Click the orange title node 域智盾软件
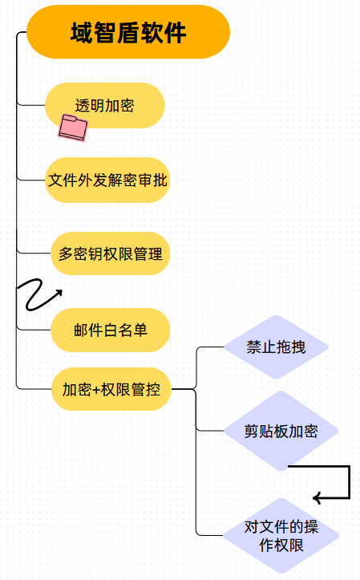pyautogui.click(x=128, y=32)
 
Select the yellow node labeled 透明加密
pyautogui.click(x=104, y=105)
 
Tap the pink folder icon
pyautogui.click(x=73, y=128)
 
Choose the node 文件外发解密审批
pyautogui.click(x=107, y=180)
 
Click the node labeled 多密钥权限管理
pyautogui.click(x=110, y=253)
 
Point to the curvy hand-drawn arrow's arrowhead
pyautogui.click(x=59, y=294)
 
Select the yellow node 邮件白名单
pyautogui.click(x=110, y=330)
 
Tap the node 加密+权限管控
pyautogui.click(x=111, y=389)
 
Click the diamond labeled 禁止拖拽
pyautogui.click(x=276, y=347)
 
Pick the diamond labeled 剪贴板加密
pyautogui.click(x=281, y=431)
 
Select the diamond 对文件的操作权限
pyautogui.click(x=281, y=536)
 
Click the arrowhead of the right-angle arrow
pyautogui.click(x=316, y=498)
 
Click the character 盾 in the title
pyautogui.click(x=128, y=33)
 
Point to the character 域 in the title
pyautogui.click(x=82, y=33)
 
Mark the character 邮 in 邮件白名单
pyautogui.click(x=81, y=330)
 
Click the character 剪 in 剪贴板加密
pyautogui.click(x=251, y=432)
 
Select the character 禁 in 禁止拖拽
pyautogui.click(x=254, y=347)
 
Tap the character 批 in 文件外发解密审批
pyautogui.click(x=160, y=180)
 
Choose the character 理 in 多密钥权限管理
pyautogui.click(x=156, y=253)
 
